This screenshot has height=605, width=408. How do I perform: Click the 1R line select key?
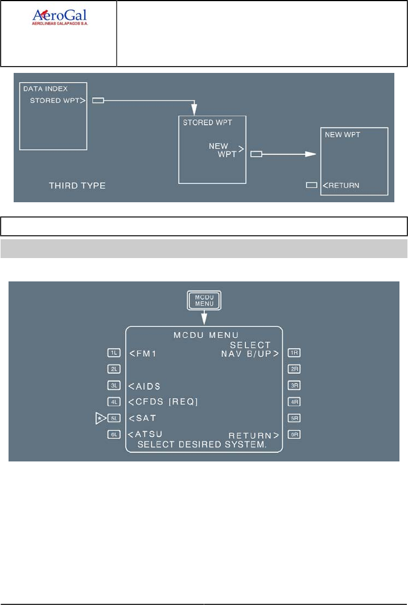(294, 353)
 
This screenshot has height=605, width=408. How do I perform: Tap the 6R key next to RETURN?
(294, 434)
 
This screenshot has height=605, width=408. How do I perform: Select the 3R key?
(294, 385)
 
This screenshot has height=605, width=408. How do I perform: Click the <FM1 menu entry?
(142, 353)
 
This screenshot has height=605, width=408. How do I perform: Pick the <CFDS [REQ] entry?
(163, 402)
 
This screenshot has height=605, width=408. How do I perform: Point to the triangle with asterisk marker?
(101, 418)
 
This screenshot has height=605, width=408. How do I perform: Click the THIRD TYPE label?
(77, 186)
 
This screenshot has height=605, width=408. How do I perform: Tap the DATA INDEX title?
(45, 89)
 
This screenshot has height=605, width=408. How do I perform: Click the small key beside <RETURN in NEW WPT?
(311, 185)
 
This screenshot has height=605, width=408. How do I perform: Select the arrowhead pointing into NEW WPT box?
(310, 154)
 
